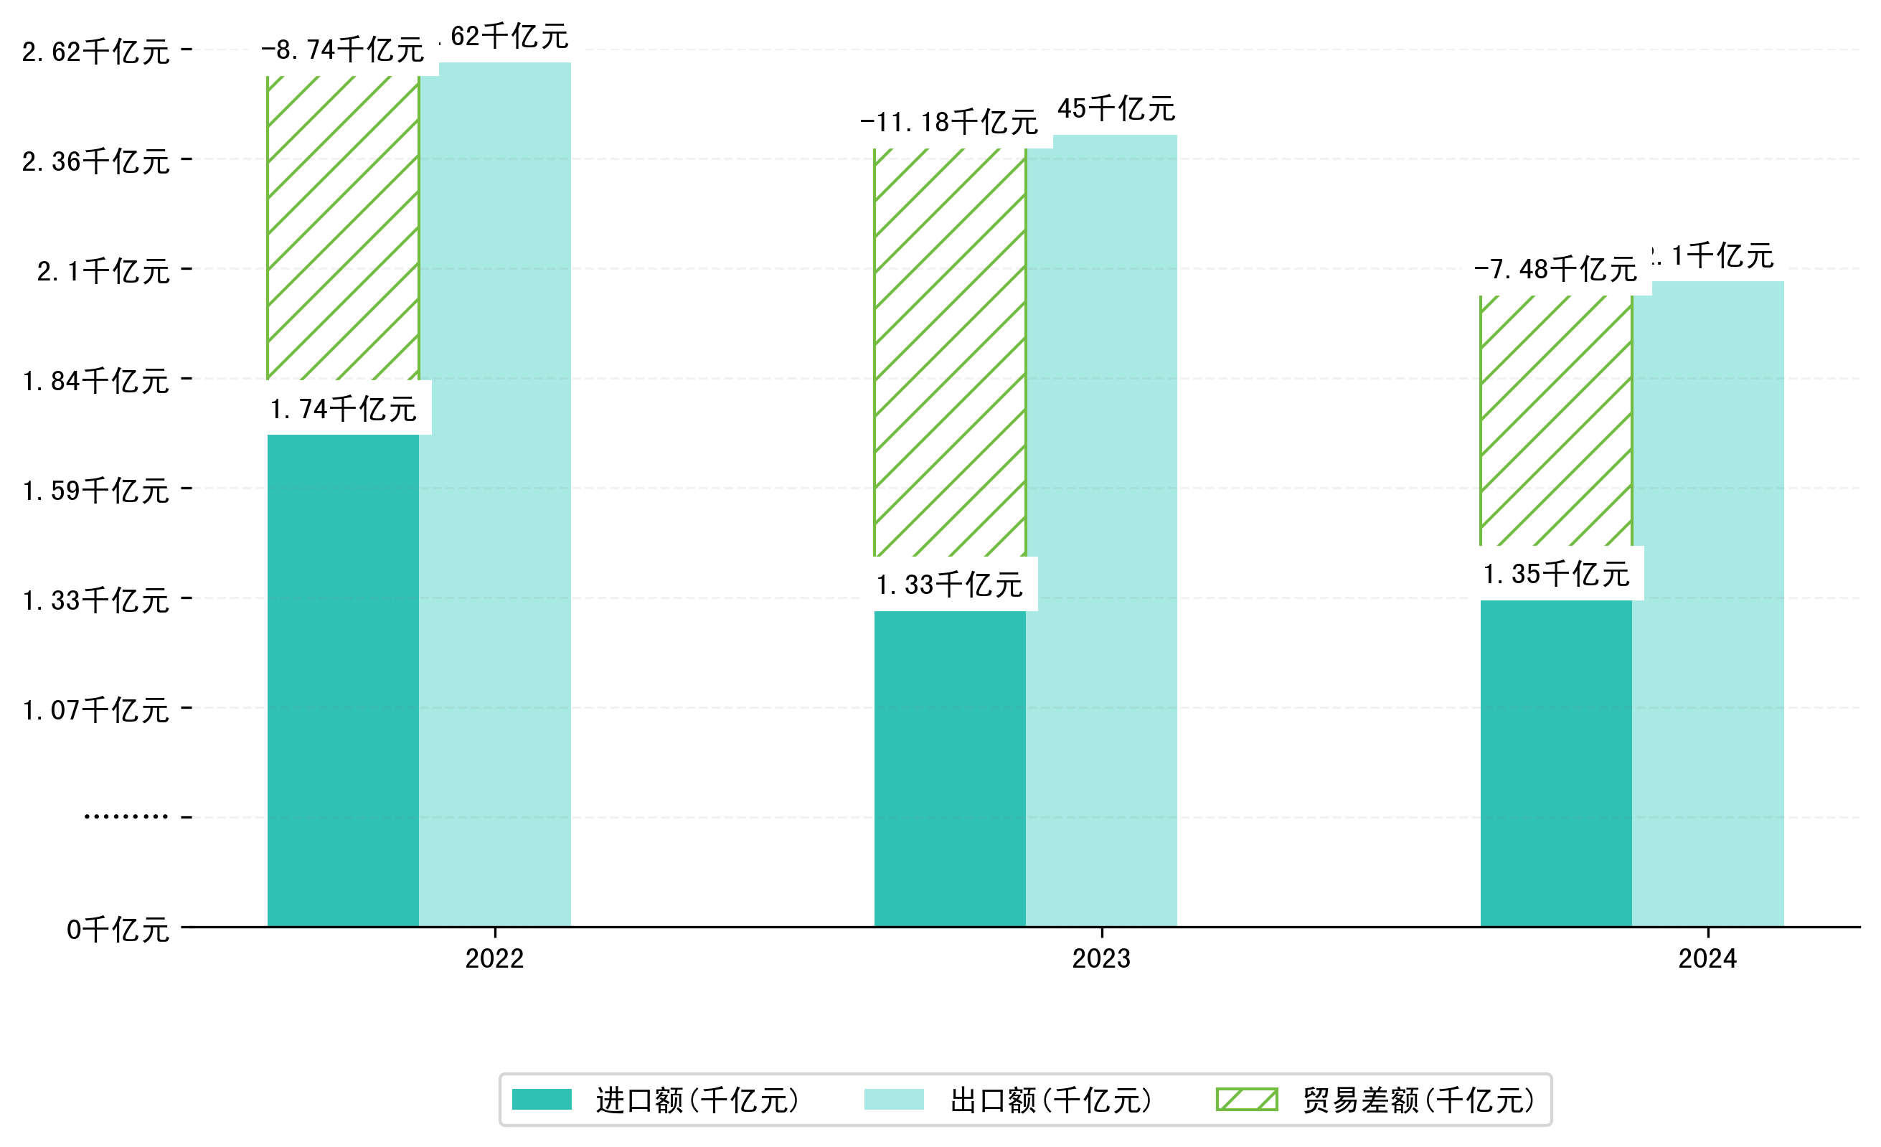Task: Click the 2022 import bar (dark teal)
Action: [343, 679]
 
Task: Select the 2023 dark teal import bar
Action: [949, 768]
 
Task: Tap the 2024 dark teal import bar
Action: [1556, 763]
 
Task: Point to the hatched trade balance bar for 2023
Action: [949, 351]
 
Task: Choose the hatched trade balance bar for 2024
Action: [1556, 420]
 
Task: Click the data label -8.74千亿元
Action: [343, 50]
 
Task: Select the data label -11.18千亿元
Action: [949, 123]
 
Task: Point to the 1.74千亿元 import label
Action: [343, 410]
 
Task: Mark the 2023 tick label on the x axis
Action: [1100, 958]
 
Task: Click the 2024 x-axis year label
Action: [1707, 958]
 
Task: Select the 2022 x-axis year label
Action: [495, 958]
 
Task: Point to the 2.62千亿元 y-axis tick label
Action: [95, 52]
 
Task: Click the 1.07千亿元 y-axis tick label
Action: [95, 710]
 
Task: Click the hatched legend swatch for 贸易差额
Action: [1247, 1100]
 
